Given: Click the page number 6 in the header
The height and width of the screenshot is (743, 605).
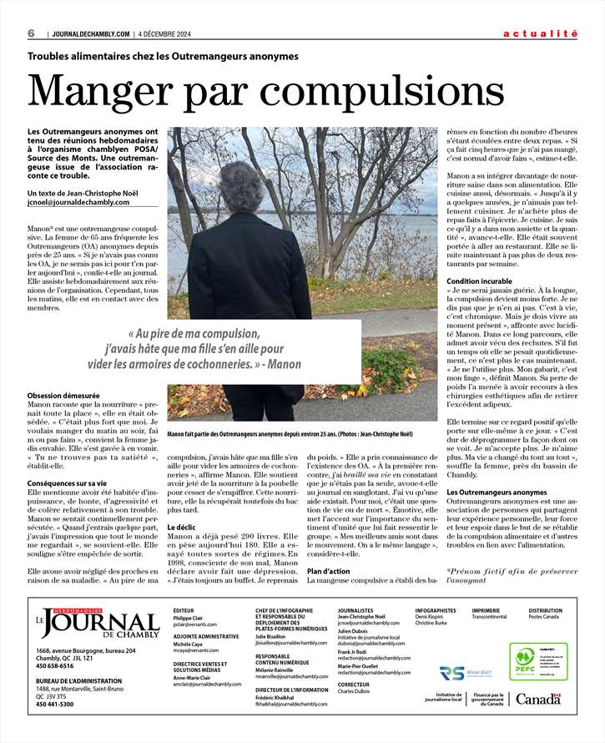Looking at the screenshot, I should pyautogui.click(x=30, y=33).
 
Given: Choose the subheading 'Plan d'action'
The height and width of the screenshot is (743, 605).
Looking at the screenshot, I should pyautogui.click(x=330, y=570).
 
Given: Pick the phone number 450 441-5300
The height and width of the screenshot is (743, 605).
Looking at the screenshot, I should pyautogui.click(x=55, y=704).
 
